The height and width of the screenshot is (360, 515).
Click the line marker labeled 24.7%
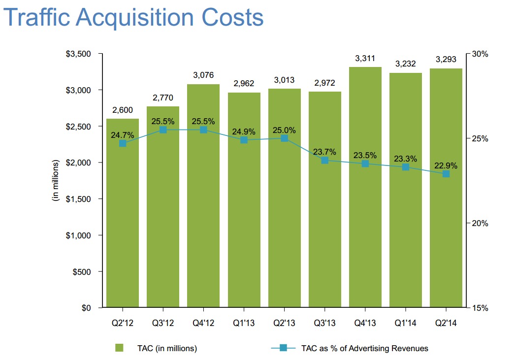tap(123, 143)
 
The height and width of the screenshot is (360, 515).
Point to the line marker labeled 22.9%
tap(446, 174)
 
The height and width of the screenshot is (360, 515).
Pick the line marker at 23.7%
tap(325, 161)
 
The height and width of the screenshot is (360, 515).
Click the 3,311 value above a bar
tap(365, 59)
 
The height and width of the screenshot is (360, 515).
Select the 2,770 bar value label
tap(162, 98)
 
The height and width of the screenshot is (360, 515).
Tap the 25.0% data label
tap(285, 131)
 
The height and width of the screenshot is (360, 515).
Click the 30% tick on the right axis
tap(479, 54)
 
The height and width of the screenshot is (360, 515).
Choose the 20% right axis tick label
tap(479, 223)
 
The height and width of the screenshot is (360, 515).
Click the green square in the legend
tap(119, 348)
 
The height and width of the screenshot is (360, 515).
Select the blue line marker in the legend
tap(283, 348)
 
